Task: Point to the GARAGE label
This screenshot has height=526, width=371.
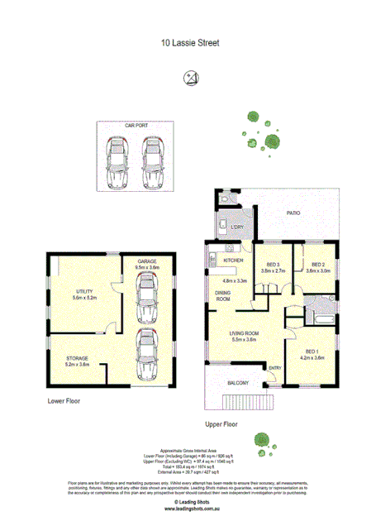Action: [147, 261]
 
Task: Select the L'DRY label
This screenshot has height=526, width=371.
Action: [236, 227]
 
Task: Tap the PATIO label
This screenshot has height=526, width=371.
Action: [293, 213]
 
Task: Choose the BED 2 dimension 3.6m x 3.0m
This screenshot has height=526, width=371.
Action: [318, 270]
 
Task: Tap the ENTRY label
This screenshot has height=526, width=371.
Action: [274, 368]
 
